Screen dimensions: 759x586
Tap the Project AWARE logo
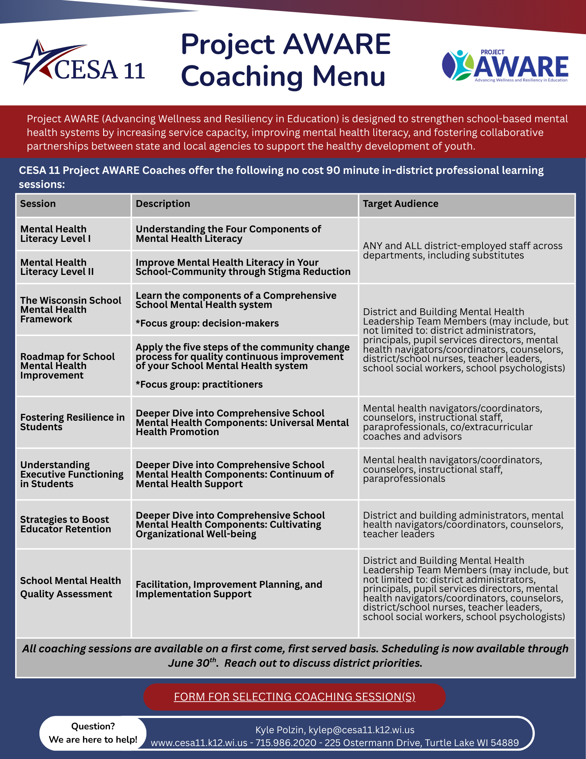coord(505,66)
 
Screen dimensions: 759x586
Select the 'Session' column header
coord(38,204)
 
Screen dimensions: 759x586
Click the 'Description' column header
coord(163,204)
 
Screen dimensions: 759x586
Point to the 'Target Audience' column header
coord(400,204)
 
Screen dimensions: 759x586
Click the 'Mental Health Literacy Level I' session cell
coord(55,234)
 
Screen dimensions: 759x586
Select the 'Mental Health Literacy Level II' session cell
coord(57,267)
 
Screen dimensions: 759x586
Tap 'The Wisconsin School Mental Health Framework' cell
coord(71,310)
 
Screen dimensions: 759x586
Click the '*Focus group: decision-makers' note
coord(207,323)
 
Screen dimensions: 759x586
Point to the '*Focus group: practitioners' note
coord(199,385)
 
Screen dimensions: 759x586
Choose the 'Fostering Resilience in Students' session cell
coord(72,422)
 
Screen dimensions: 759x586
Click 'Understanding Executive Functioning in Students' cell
coord(72,474)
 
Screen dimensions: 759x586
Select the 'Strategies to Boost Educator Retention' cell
coord(66,524)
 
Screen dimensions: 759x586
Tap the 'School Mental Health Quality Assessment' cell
coord(71,587)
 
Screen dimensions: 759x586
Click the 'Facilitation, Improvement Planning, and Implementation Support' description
coord(229,589)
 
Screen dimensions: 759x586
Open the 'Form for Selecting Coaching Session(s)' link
coord(294,697)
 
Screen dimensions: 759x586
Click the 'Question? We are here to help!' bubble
coord(93,733)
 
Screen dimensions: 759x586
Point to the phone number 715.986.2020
coord(286,743)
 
